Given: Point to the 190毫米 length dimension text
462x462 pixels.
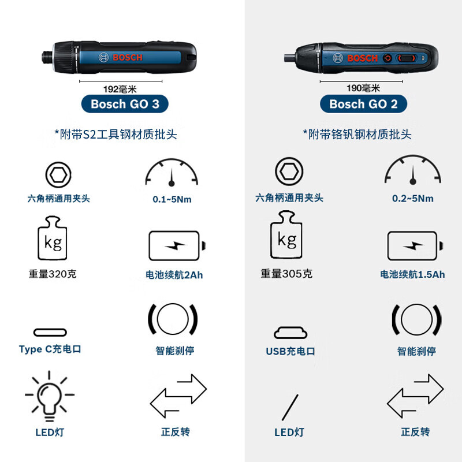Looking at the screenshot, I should coord(363,88).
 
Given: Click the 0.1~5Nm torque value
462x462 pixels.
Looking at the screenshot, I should coord(172,199).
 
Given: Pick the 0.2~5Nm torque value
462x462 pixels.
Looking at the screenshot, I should coord(413,198).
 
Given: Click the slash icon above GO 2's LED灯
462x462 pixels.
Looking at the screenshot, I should coord(290,407).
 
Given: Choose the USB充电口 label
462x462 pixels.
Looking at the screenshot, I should coord(290,351).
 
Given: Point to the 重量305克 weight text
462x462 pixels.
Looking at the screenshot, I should coord(286,274).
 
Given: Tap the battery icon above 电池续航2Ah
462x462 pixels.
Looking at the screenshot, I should coord(176,246).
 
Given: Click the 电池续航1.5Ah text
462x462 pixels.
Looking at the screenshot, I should coord(413,274).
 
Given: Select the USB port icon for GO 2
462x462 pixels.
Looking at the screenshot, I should coord(290,333).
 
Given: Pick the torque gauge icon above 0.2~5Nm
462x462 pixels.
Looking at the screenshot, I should coord(413,169).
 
